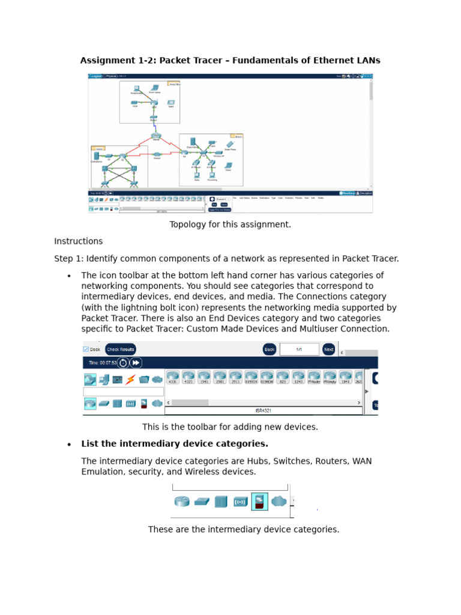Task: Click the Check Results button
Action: (121, 350)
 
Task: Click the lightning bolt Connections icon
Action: (130, 380)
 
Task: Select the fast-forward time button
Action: (136, 363)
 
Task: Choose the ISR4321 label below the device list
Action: (264, 411)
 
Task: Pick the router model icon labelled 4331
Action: (173, 378)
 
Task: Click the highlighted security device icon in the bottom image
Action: (259, 501)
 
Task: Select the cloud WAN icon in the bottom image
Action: (279, 501)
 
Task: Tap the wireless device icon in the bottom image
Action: (240, 501)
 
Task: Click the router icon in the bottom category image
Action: (182, 501)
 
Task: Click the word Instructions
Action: (78, 241)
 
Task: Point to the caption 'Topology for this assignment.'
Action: (230, 225)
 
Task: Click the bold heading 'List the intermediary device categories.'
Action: (175, 444)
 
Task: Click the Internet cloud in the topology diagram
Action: (157, 136)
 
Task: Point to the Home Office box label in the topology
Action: (175, 85)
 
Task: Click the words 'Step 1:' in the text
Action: (69, 259)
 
